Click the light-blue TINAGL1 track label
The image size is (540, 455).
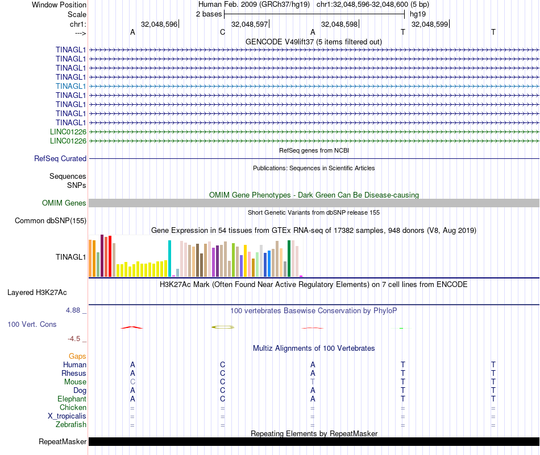click(x=71, y=86)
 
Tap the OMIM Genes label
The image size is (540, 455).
click(x=64, y=203)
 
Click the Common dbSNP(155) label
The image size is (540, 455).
click(x=51, y=221)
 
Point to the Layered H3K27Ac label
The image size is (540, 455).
click(x=37, y=293)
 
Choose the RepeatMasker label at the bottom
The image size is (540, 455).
click(x=63, y=442)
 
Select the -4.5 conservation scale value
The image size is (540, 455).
click(x=76, y=339)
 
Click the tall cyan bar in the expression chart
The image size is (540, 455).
click(x=169, y=259)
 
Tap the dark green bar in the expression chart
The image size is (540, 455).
click(x=289, y=259)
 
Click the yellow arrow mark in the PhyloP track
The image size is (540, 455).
click(x=222, y=327)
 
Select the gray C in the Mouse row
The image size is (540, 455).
click(x=132, y=382)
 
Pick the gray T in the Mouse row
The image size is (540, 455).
click(x=313, y=382)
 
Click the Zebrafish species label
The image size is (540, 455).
click(x=71, y=424)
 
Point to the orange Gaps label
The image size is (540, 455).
click(x=77, y=356)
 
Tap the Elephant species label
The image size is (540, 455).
click(x=72, y=399)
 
